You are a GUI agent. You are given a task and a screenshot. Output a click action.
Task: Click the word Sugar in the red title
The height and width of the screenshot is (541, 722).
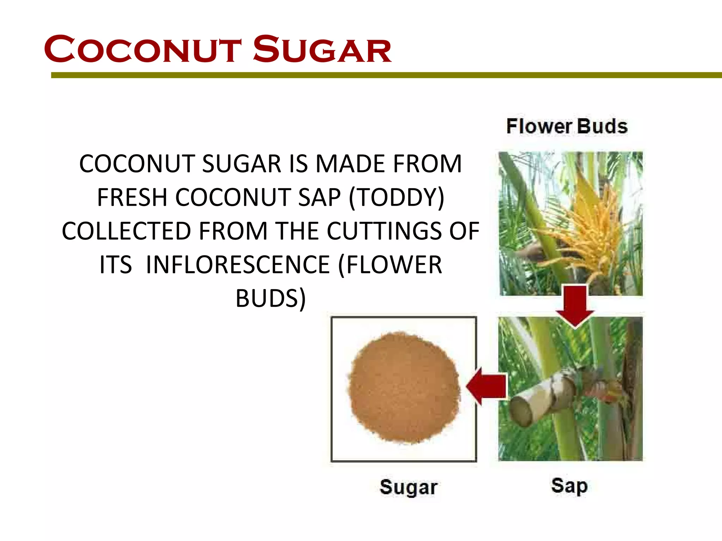click(x=322, y=50)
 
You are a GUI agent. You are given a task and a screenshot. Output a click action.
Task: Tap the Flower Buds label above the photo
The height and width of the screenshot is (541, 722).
click(x=567, y=126)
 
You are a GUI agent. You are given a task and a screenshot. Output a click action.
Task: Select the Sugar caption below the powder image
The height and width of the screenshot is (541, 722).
click(x=409, y=487)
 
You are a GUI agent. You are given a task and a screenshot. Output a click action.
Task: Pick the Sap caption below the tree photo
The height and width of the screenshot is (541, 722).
click(x=569, y=486)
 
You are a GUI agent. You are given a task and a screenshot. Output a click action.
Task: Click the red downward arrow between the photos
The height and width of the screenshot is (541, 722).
click(x=575, y=305)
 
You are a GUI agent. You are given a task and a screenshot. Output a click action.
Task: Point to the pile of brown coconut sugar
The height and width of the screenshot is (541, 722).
click(x=404, y=387)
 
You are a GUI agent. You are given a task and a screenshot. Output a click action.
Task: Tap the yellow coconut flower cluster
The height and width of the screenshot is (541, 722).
click(x=589, y=225)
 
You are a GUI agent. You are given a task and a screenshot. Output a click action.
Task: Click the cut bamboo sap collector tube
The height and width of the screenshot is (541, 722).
click(x=539, y=398)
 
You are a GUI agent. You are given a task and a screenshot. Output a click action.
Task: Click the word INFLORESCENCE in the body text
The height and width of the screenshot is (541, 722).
click(x=238, y=265)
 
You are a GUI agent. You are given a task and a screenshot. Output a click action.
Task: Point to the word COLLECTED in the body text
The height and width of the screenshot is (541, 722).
click(x=126, y=231)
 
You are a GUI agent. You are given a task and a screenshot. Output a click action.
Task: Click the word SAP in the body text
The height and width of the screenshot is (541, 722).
click(x=319, y=197)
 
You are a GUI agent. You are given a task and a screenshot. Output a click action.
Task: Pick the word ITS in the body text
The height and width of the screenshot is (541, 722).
click(x=115, y=265)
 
